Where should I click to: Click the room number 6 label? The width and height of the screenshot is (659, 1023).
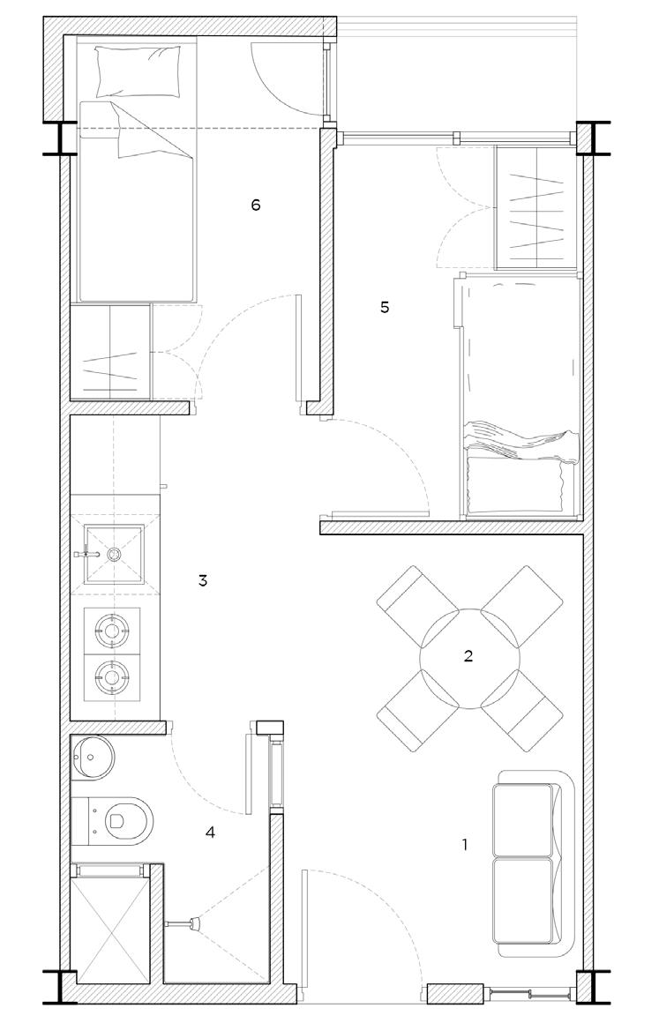256,205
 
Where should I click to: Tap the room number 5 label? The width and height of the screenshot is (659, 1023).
385,308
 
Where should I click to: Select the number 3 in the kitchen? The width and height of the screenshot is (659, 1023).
203,581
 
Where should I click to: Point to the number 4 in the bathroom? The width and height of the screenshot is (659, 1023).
209,832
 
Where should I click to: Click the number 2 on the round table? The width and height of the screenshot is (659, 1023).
468,655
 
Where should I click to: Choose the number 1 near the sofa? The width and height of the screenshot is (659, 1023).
465,845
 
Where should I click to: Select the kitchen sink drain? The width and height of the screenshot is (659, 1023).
115,555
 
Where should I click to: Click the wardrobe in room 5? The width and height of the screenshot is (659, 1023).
536,207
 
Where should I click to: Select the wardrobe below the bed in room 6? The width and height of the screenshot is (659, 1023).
111,351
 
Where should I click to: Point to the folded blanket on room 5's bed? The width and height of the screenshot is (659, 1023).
520,441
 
